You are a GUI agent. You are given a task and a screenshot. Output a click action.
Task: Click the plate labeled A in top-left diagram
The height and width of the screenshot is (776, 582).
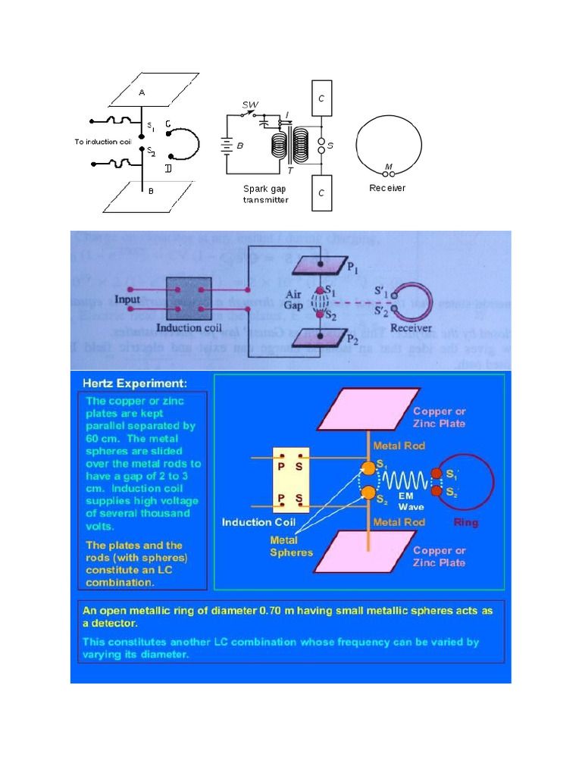(x=143, y=92)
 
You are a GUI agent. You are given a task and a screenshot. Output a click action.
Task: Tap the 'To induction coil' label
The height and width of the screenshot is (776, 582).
(x=104, y=142)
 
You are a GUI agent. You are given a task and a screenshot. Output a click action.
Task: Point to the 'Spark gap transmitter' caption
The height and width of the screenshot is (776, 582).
(x=265, y=194)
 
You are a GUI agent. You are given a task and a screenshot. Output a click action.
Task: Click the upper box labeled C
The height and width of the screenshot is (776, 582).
(x=321, y=98)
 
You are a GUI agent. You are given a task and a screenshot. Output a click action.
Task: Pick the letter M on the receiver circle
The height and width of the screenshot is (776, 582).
(x=389, y=165)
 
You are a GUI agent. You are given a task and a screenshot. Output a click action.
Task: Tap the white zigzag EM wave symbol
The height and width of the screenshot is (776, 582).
(x=403, y=478)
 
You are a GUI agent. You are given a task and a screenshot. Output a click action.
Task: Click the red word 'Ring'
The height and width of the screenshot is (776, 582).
(x=465, y=522)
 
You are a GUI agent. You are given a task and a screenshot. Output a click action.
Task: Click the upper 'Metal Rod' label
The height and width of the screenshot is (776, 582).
(x=398, y=445)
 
